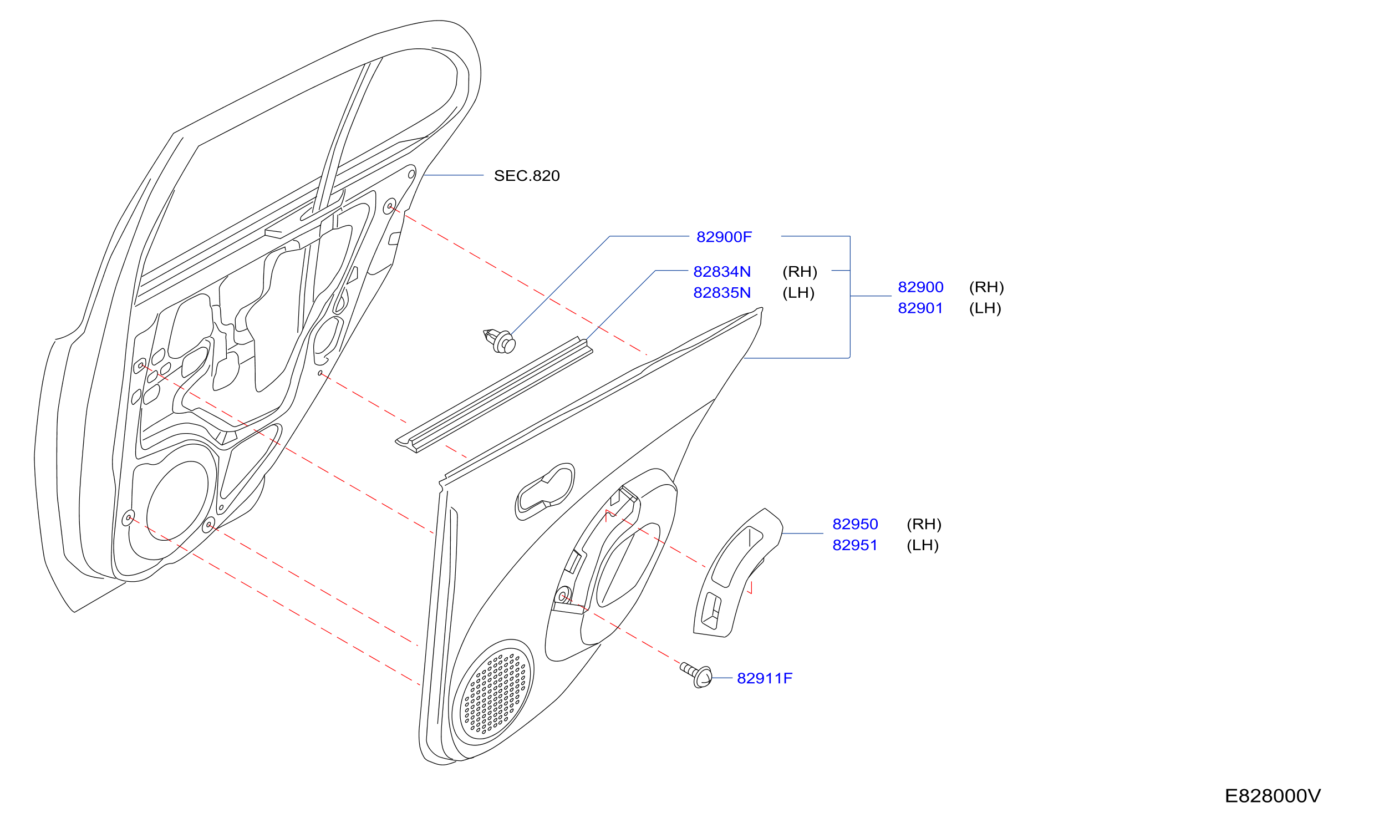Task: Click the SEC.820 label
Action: click(x=526, y=176)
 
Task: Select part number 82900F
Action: click(x=724, y=237)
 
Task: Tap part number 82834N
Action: click(x=722, y=272)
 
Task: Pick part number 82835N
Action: click(x=722, y=293)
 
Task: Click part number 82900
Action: click(x=920, y=287)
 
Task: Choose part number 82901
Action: click(x=920, y=308)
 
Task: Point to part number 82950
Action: click(x=855, y=524)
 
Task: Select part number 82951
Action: click(x=855, y=545)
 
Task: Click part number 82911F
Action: click(x=765, y=678)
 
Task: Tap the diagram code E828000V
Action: click(x=1273, y=796)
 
